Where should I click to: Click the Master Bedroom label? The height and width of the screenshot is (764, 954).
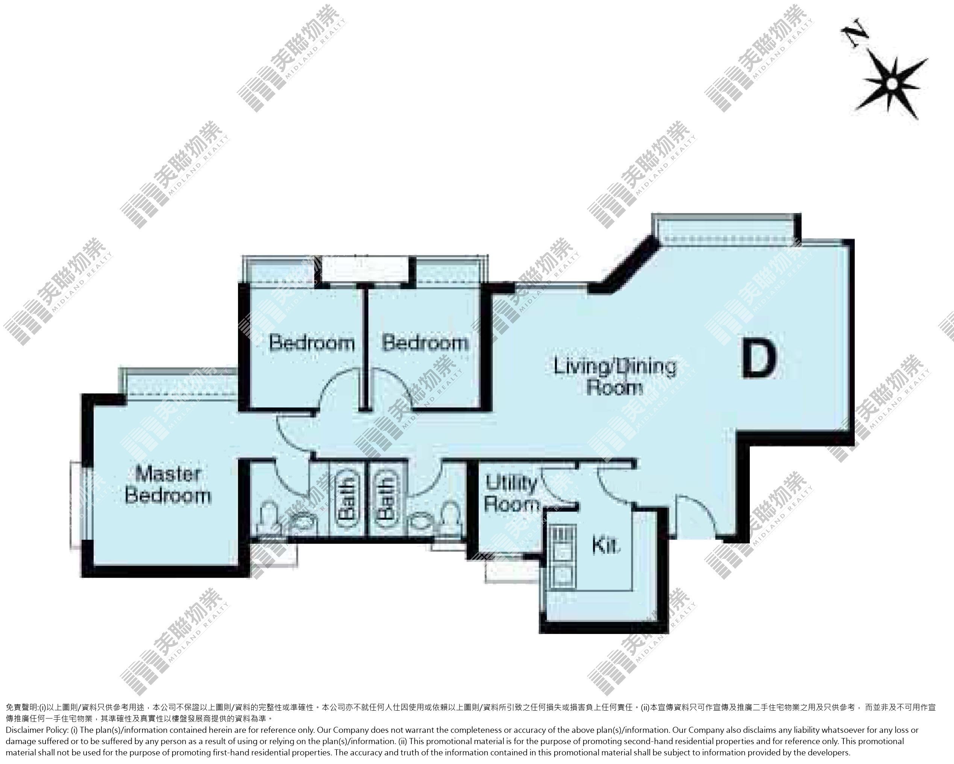point(168,485)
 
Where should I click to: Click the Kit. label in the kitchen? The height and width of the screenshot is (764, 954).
point(607,546)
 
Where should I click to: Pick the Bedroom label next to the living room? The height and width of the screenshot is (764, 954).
point(425,343)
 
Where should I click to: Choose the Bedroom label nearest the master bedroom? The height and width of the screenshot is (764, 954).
point(312,343)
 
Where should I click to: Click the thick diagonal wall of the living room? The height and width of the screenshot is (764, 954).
point(623,265)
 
